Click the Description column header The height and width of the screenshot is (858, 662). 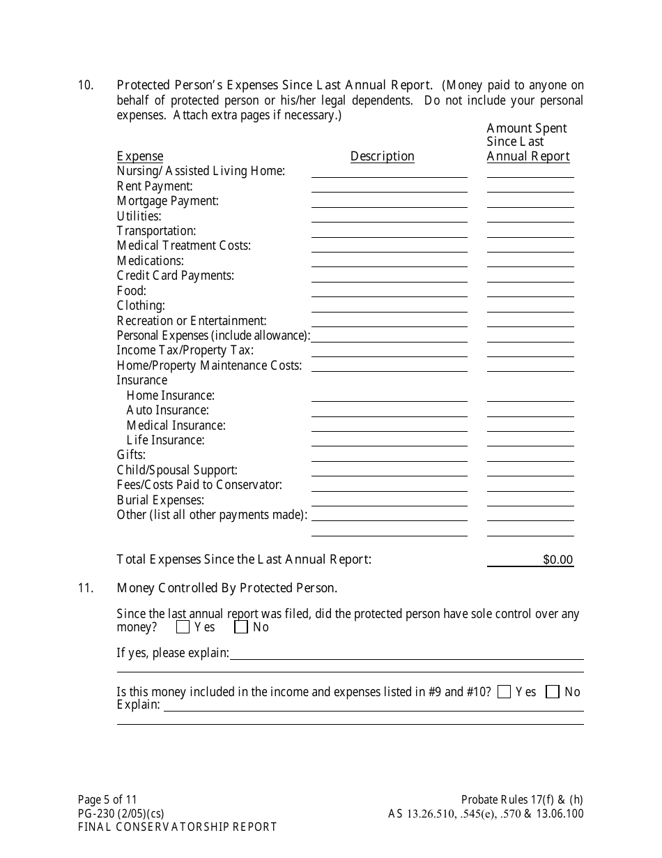(382, 156)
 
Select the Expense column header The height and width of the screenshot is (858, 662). (139, 156)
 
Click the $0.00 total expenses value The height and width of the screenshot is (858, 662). (557, 559)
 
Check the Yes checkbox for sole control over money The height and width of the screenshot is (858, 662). (183, 627)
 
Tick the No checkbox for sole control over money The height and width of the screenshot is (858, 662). (241, 627)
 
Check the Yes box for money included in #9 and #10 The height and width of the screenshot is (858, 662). (505, 692)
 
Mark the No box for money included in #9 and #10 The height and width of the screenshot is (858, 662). (553, 692)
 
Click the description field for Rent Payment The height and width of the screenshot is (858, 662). (389, 186)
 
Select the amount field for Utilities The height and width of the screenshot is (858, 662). (530, 216)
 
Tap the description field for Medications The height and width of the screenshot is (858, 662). (389, 261)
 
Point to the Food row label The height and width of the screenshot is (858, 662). (131, 291)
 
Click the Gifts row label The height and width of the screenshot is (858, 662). (131, 455)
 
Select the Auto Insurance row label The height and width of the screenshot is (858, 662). (167, 410)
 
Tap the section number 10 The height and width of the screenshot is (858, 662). (85, 85)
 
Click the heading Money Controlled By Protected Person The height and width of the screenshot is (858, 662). (226, 588)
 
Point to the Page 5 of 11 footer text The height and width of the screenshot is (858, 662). (112, 799)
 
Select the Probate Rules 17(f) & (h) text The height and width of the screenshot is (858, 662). (521, 799)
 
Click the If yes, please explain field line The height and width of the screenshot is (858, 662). (406, 654)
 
